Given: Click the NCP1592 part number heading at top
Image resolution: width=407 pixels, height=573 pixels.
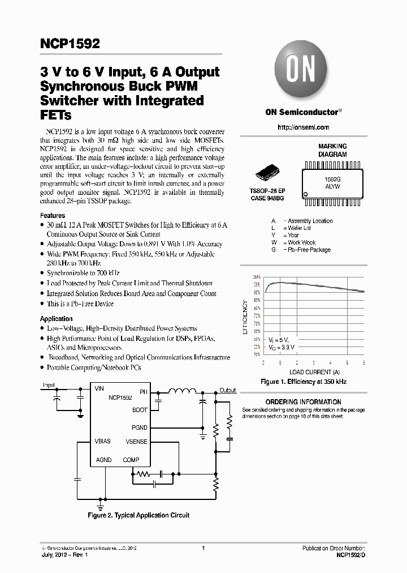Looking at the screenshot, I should (70, 44).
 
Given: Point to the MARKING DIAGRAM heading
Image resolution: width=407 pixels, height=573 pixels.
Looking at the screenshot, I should (332, 150).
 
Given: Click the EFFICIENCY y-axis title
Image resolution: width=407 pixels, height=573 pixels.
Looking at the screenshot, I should (245, 318).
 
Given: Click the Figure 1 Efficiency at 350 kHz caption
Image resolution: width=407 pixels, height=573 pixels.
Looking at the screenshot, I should (304, 382).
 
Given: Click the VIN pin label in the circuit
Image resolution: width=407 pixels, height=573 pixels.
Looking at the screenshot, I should (99, 389).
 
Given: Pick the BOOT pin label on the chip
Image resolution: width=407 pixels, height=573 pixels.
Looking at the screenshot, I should (140, 410).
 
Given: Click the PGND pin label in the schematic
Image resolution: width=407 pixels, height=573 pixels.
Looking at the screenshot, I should (139, 427).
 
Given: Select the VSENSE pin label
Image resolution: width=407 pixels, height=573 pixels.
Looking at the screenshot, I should (136, 441).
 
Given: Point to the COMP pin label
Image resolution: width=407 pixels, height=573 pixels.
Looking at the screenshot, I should (131, 460).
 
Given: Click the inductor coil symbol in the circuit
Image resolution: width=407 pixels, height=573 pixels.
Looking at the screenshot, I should (183, 390).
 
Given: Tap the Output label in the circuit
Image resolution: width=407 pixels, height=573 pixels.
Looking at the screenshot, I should (228, 390).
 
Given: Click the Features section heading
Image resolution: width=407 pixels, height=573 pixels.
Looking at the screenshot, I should (53, 216).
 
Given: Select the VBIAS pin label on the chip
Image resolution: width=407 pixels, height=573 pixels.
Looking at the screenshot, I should (103, 441).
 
